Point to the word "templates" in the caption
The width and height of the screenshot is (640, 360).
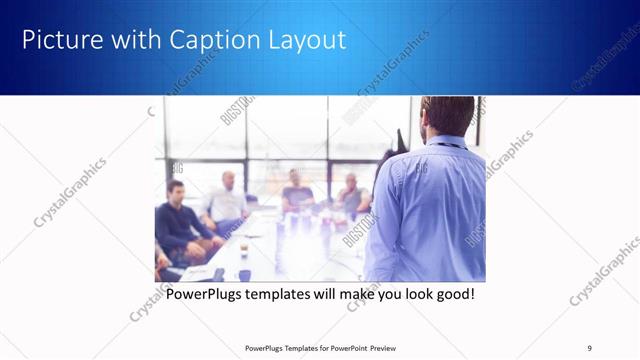(281, 295)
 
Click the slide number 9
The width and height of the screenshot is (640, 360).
(589, 348)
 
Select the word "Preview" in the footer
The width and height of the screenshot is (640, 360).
(377, 348)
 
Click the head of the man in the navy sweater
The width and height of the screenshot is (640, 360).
(176, 190)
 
